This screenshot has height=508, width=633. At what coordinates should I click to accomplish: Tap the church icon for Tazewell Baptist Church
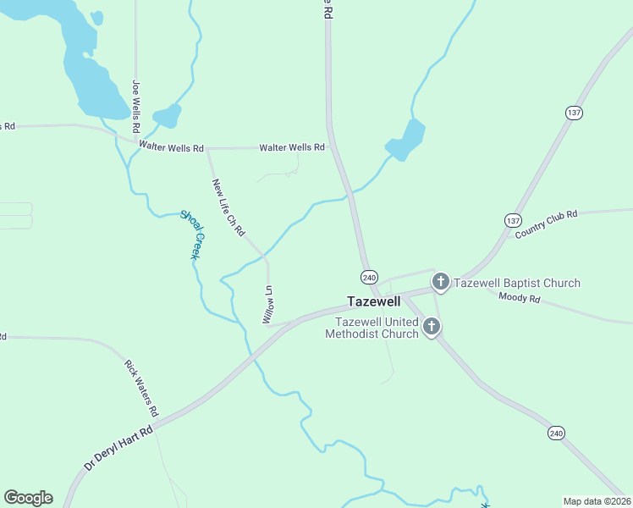(440, 282)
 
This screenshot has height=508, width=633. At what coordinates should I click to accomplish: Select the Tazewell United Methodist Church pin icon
(432, 327)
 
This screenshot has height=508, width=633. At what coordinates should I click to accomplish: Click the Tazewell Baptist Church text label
(517, 283)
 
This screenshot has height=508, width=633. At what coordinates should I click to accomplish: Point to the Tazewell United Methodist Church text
(377, 328)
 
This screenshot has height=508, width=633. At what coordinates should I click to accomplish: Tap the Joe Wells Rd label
(135, 99)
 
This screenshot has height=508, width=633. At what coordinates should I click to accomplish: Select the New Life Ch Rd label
(228, 207)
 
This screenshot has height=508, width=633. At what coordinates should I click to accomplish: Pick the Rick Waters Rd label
(141, 388)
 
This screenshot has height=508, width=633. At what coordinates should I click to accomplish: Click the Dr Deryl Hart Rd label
(118, 448)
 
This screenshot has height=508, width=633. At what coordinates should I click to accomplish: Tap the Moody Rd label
(520, 297)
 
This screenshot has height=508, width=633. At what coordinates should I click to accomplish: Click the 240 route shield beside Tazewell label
(369, 277)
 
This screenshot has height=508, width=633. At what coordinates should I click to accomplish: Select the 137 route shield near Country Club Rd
(513, 220)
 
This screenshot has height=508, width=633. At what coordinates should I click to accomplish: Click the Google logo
(28, 498)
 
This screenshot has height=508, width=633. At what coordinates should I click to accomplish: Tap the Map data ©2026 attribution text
(597, 500)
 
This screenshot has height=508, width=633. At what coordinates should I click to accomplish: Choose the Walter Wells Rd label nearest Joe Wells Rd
(172, 148)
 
